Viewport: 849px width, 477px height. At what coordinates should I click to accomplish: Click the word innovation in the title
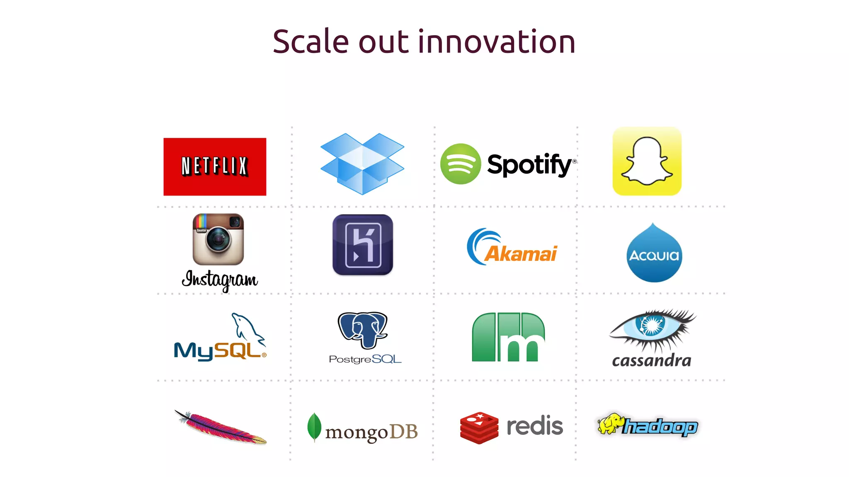tap(497, 42)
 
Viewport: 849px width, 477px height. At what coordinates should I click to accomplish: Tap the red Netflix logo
tap(215, 166)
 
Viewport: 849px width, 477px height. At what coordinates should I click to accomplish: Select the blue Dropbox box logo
tap(362, 164)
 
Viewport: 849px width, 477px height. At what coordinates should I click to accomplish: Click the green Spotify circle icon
tap(460, 164)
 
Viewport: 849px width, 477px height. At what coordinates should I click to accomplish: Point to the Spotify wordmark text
tap(530, 165)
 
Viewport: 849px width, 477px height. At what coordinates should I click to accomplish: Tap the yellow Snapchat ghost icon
tap(647, 161)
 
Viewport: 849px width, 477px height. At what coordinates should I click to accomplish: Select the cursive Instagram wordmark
tap(220, 279)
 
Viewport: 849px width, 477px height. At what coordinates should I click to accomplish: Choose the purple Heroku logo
tap(363, 245)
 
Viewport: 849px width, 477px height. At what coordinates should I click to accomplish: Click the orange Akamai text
tap(521, 254)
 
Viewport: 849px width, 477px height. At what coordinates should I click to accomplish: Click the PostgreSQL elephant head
tap(363, 329)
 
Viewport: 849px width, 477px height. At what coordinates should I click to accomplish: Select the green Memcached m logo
tap(508, 337)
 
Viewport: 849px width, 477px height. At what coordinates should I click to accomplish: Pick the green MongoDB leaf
tap(314, 427)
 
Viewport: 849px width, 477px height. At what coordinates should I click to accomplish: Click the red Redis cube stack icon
tap(479, 427)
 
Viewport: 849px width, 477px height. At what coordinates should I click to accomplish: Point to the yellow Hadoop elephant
tap(610, 423)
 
